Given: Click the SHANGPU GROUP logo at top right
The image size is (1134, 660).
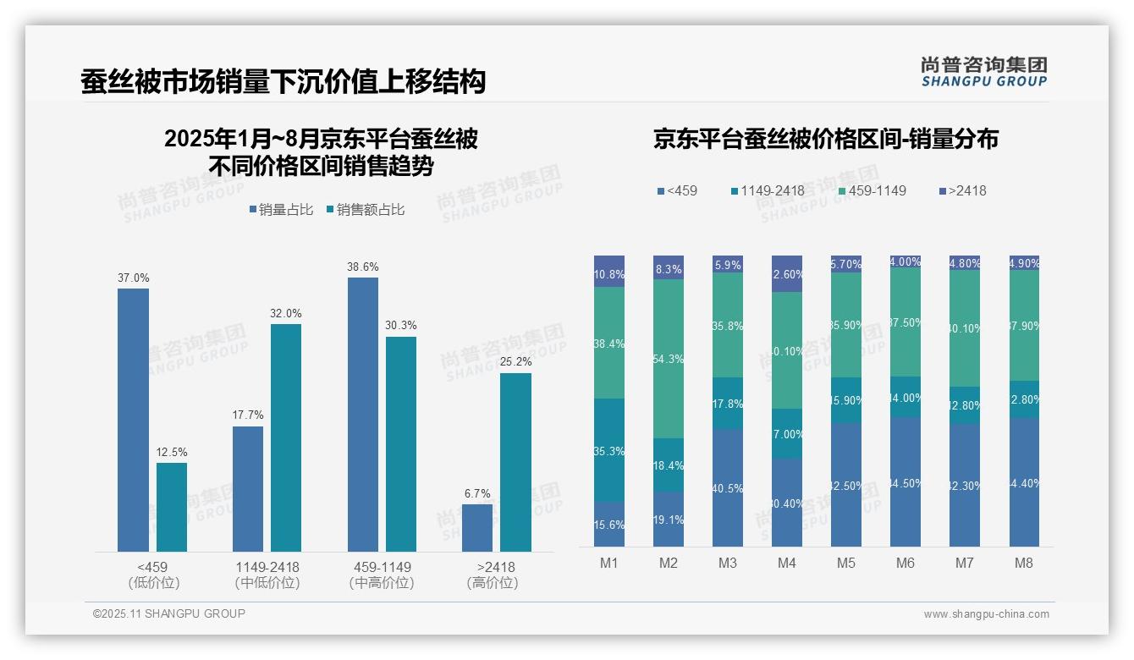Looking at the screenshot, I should click(983, 72).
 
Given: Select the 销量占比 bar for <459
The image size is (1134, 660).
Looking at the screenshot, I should click(133, 420).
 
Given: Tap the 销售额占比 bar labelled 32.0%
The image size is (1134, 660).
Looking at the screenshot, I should click(286, 437).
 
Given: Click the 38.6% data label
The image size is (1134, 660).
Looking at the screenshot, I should click(362, 267).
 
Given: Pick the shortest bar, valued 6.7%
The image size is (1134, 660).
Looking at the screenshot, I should click(477, 528).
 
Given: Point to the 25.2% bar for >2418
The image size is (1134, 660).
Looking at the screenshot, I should click(515, 462).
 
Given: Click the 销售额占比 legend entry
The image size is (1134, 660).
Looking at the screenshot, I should click(365, 210).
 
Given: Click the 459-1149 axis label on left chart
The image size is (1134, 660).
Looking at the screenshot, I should click(381, 567).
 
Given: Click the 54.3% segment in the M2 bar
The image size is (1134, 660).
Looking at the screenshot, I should click(669, 359).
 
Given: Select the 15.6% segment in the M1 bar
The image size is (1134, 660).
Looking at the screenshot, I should click(609, 525).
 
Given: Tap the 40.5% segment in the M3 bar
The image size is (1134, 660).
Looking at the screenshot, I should click(728, 487).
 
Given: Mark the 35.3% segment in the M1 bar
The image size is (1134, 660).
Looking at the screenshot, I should click(609, 450).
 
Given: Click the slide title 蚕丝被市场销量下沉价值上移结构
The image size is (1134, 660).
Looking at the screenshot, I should click(283, 82).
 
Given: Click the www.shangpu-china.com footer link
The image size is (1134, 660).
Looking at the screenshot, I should click(986, 614).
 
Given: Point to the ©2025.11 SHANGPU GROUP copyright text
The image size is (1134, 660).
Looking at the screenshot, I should click(169, 613).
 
